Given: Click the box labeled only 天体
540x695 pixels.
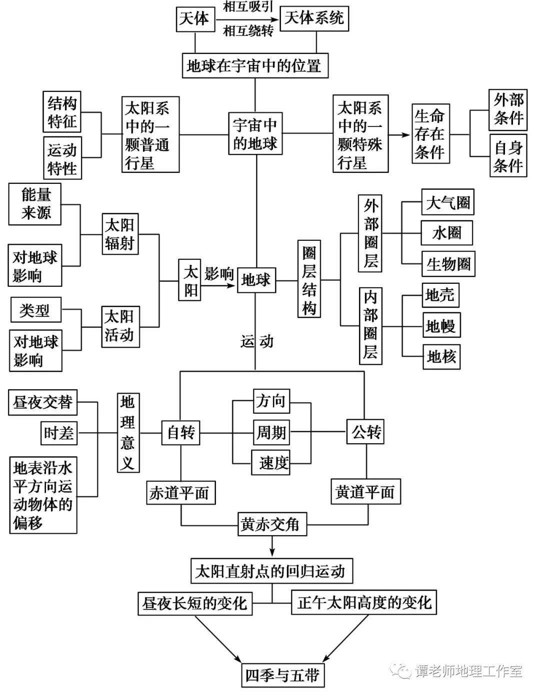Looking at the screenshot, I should pos(194,19).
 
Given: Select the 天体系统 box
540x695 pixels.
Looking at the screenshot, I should pos(314,19).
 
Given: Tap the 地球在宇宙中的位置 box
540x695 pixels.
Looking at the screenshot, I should pos(255,65).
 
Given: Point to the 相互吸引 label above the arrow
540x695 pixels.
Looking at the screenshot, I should pos(248,7).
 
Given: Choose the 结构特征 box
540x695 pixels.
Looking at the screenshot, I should pos(62,112).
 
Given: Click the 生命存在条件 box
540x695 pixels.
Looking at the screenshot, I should pos(429,134).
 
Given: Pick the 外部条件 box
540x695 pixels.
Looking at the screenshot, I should pos(508,109).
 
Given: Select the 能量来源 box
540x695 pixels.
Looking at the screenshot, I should pos(36,204).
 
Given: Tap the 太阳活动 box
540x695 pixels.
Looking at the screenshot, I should pos(120,326).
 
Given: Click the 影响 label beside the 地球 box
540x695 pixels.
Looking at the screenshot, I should pos(219,274).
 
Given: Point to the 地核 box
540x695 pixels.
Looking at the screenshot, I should pos(441,357).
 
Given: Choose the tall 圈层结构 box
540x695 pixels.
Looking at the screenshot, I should pos(309,279).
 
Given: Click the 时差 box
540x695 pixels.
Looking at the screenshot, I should pos(59,433).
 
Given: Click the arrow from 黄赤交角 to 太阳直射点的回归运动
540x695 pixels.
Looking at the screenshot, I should pos(272,546).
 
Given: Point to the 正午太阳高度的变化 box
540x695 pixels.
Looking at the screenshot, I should pos(364,602).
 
